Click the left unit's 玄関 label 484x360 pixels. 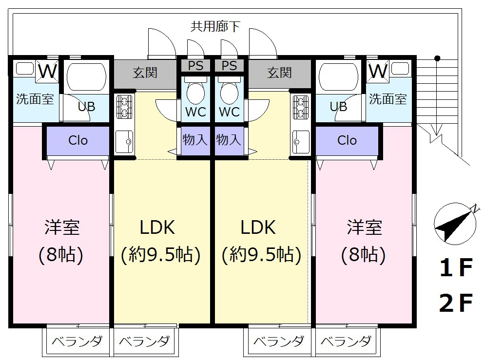(x=145, y=73)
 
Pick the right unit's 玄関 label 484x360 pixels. (x=279, y=73)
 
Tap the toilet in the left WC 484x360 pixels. (x=196, y=91)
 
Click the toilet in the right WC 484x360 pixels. (x=229, y=91)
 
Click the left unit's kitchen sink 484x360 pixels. (x=125, y=142)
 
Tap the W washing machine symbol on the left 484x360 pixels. (x=48, y=71)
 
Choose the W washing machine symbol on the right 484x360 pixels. (x=378, y=71)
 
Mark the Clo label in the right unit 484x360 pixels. (x=347, y=141)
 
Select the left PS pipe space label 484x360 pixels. (x=196, y=65)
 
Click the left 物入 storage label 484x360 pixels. (x=195, y=140)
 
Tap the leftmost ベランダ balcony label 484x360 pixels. (x=77, y=341)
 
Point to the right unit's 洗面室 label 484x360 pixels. (x=387, y=99)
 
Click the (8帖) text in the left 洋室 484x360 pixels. (x=62, y=254)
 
